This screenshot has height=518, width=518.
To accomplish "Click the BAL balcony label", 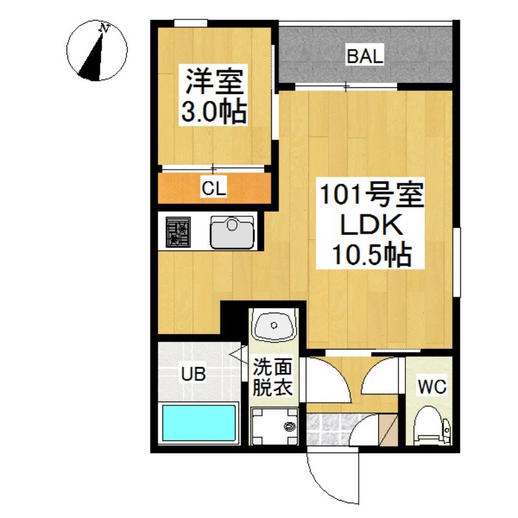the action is click(365, 56).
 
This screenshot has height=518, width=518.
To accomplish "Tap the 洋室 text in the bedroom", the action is click(214, 81).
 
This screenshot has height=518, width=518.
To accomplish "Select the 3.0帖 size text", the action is click(214, 111).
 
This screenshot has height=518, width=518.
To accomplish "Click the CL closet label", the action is click(214, 188).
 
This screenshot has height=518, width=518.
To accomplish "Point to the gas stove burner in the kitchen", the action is click(178, 232).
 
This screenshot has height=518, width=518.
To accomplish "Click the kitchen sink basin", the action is click(232, 232).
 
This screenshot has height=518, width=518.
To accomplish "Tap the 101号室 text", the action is click(372, 196).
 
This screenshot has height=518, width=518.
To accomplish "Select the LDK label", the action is click(372, 225).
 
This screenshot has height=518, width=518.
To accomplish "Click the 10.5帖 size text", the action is click(372, 254).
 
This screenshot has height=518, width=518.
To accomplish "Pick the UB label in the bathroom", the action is click(193, 374).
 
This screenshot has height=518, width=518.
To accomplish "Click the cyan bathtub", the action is click(199, 423).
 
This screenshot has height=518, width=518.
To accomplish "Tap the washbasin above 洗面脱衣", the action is click(274, 326).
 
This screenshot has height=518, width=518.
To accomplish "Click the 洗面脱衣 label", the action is click(273, 377).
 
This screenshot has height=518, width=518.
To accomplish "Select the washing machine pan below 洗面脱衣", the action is click(274, 427).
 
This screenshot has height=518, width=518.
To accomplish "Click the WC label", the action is click(432, 386).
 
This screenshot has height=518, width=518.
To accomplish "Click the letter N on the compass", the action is click(105, 28).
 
